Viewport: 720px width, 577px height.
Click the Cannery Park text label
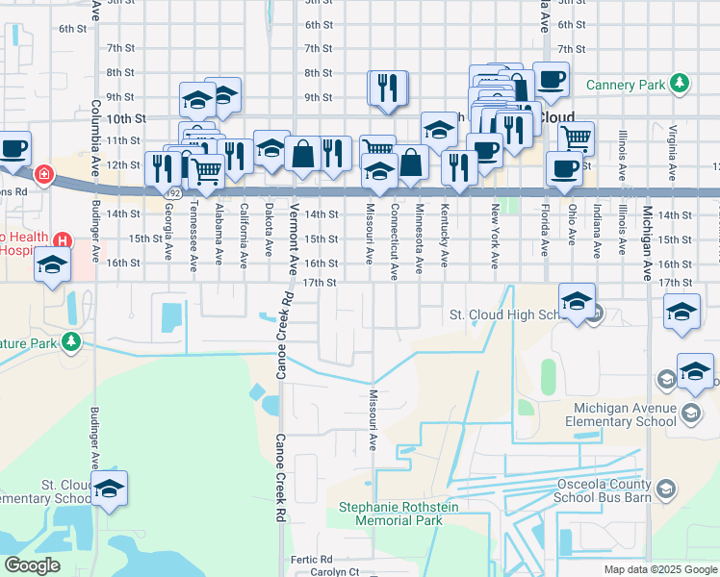(625, 85)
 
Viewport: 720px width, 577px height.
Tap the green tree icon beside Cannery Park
(681, 84)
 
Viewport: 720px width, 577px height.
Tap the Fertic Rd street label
(312, 559)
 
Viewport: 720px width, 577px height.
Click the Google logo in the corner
(32, 565)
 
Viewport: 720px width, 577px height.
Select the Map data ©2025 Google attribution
(659, 570)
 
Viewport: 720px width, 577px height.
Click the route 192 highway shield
(173, 193)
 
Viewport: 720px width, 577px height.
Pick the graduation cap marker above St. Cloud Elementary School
(110, 489)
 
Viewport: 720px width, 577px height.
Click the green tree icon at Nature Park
(71, 340)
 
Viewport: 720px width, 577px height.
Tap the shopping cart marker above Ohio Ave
(576, 137)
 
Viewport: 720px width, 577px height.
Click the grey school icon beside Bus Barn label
(664, 491)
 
